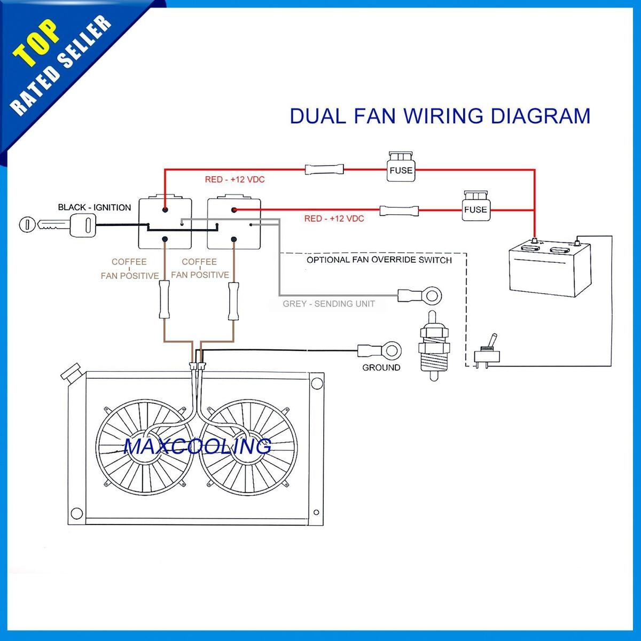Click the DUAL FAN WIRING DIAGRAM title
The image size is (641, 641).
click(440, 116)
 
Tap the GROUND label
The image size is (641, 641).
click(381, 368)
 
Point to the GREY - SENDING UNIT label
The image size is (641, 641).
click(329, 304)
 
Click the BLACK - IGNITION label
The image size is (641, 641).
click(94, 207)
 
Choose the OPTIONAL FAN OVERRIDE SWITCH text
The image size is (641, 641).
click(379, 260)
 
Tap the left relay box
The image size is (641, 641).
click(165, 223)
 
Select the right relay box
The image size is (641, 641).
click(233, 223)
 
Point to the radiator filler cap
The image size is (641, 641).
click(71, 372)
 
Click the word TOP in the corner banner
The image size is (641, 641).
click(36, 43)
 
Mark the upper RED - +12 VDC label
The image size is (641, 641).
click(234, 179)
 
